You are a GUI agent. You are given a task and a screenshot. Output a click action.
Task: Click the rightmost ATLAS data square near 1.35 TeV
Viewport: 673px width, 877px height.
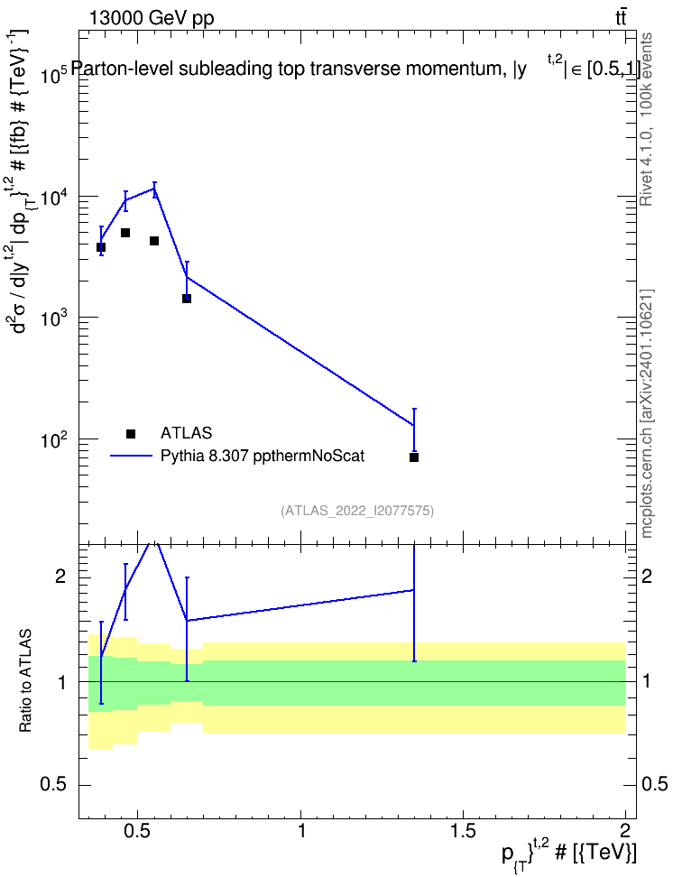(414, 457)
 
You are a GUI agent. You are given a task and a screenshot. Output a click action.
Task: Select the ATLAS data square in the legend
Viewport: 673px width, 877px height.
(131, 433)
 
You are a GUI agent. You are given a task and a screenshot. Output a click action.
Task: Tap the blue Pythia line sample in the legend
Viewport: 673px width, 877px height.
(132, 456)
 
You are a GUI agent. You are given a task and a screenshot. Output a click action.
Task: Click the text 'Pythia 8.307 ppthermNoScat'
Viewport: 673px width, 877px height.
(263, 456)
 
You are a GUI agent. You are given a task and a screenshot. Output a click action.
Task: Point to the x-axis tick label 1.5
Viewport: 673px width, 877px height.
(463, 831)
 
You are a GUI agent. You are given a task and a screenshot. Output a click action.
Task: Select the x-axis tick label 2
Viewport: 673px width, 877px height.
(625, 831)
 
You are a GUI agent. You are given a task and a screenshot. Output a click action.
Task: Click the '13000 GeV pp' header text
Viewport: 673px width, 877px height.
(152, 18)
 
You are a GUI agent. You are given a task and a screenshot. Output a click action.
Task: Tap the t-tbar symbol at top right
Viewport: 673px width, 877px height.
(621, 17)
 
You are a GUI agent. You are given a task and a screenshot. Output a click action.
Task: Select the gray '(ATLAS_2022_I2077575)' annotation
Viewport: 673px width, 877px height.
(357, 511)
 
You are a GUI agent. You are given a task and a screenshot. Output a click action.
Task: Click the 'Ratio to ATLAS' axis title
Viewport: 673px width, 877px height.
(25, 680)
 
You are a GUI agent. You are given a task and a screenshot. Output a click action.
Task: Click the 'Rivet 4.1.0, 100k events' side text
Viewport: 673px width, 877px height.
(646, 119)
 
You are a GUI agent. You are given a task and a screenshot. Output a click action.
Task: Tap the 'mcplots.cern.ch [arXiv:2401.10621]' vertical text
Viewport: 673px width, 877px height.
(647, 414)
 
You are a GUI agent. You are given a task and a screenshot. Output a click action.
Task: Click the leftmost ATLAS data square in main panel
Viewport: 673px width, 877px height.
(101, 247)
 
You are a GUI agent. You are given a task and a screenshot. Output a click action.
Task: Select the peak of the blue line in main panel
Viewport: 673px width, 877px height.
(154, 189)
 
